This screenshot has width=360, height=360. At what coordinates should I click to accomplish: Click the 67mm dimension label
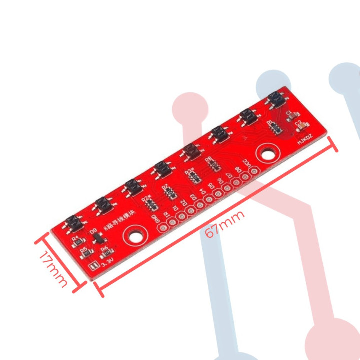pos(225,222)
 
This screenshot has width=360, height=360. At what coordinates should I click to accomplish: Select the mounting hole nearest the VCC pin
pos(266,152)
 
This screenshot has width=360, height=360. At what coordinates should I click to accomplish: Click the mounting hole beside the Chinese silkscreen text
pos(135,233)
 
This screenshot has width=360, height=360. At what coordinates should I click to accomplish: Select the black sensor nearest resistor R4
pos(73,223)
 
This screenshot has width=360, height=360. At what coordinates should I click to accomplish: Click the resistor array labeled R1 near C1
pos(274,127)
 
